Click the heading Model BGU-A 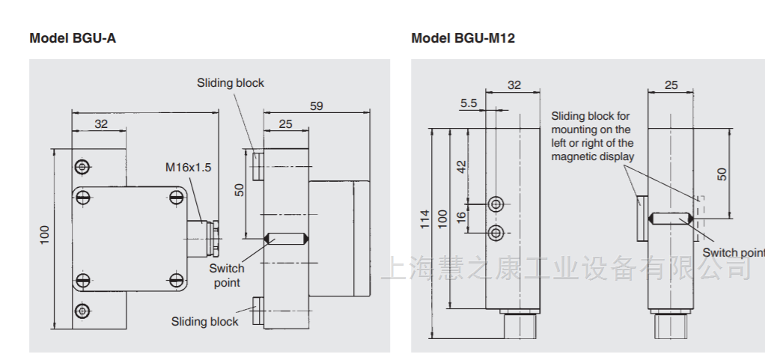tap(73, 38)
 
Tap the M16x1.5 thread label tap(188, 168)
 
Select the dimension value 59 tap(316, 106)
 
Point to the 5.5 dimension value tap(469, 103)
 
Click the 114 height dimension tap(424, 218)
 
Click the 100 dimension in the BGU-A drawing tap(45, 234)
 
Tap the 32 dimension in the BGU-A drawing tap(100, 124)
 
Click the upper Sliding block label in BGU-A tap(231, 83)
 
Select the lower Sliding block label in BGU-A tap(204, 322)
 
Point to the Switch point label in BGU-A tap(226, 275)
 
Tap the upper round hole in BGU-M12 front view tap(496, 204)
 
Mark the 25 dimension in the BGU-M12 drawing tap(671, 85)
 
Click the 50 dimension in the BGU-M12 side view tap(722, 173)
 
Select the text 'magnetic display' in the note tap(592, 156)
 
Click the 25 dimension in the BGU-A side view tap(285, 124)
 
